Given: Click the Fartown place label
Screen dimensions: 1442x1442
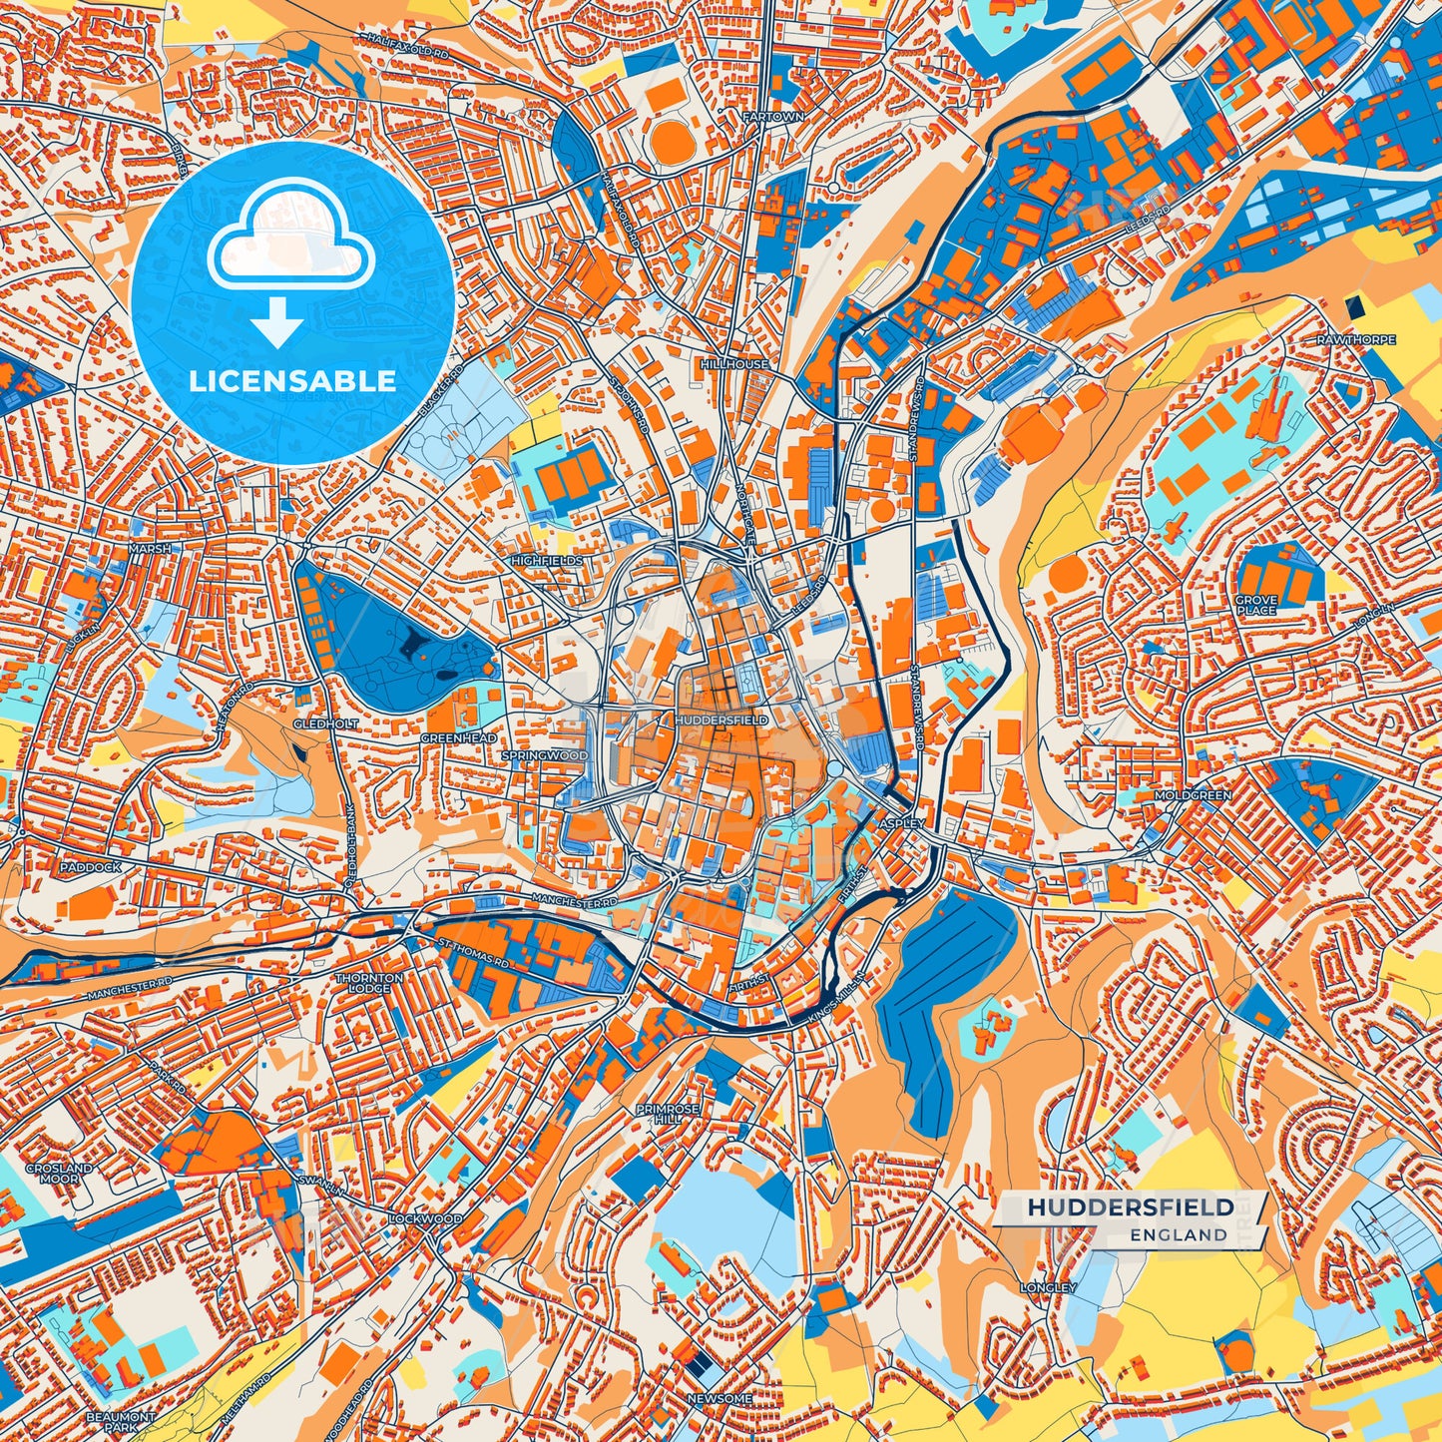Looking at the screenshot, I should tap(773, 117).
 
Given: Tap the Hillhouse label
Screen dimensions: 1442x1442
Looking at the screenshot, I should tap(734, 364).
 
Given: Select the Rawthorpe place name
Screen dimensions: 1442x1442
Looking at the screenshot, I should tap(1355, 340).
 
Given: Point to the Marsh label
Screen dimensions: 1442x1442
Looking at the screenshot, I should tap(150, 549).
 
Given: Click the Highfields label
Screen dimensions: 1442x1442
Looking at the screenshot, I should tap(547, 561).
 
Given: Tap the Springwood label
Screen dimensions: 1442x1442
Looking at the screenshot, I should tap(545, 755).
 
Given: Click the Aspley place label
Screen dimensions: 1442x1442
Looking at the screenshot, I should tap(902, 823).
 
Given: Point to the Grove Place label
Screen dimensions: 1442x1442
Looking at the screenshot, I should tap(1256, 605).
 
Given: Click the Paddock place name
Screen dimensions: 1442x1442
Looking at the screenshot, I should tap(90, 867).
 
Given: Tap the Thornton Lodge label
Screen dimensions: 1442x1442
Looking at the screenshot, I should tap(369, 983).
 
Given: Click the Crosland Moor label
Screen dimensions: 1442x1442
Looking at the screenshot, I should tap(59, 1173).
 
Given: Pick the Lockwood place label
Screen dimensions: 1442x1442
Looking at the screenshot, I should tap(425, 1218).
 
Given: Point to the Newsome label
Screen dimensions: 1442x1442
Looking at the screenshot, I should tap(720, 1398).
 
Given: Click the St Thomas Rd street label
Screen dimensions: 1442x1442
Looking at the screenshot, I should tap(475, 954).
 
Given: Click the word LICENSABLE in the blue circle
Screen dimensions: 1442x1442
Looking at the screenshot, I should tap(292, 381).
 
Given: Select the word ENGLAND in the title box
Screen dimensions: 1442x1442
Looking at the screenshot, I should tap(1179, 1234).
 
